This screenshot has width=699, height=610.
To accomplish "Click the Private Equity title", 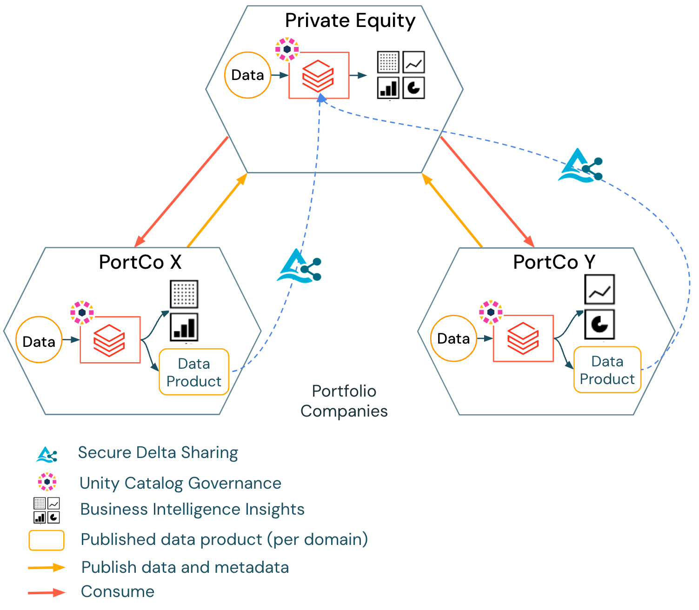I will (x=350, y=21).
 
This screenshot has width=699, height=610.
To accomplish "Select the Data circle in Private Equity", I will (x=247, y=75).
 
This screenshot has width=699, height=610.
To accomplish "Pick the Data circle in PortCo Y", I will (x=453, y=338).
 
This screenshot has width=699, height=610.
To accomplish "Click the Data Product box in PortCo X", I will (x=194, y=372).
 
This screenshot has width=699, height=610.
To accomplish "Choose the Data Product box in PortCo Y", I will (x=607, y=370).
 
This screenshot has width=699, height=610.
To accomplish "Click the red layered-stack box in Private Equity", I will (x=319, y=75).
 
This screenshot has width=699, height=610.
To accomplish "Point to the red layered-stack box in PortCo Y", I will (x=523, y=338).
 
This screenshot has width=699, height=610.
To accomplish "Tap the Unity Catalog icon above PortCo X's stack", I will (x=82, y=312).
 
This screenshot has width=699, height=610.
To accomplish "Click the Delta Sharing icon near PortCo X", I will (x=300, y=266).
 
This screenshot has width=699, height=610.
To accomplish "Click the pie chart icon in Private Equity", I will (x=413, y=87).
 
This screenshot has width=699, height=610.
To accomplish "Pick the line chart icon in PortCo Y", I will (x=599, y=290).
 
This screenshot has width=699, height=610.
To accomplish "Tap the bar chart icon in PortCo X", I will (x=184, y=327).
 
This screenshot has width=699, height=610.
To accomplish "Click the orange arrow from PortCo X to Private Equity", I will (x=217, y=210).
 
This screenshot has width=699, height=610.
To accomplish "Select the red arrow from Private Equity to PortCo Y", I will (x=487, y=192).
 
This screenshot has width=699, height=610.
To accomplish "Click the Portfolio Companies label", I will (x=344, y=401).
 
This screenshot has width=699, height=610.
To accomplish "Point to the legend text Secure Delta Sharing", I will (x=158, y=452).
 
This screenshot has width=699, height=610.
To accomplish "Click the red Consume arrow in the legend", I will (x=46, y=592).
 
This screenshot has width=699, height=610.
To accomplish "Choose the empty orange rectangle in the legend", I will (x=47, y=540).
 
